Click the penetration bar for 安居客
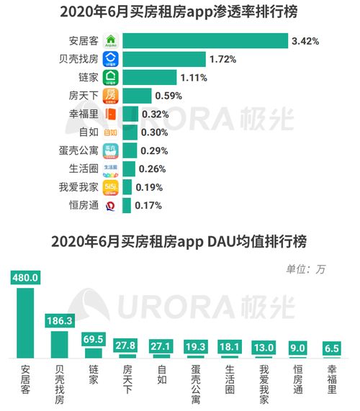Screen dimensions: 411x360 point(204,40)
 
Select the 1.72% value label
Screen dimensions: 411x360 point(222,59)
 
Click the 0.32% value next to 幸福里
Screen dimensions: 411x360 point(155,114)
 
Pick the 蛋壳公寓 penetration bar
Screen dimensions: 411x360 point(128,151)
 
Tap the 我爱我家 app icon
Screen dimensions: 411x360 point(111,188)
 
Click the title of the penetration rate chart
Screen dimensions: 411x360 point(179,12)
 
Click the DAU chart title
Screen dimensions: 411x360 point(179,241)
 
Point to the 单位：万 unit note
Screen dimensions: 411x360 point(306,269)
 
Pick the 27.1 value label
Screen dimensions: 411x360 point(161,346)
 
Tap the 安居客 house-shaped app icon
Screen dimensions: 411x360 point(111,41)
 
